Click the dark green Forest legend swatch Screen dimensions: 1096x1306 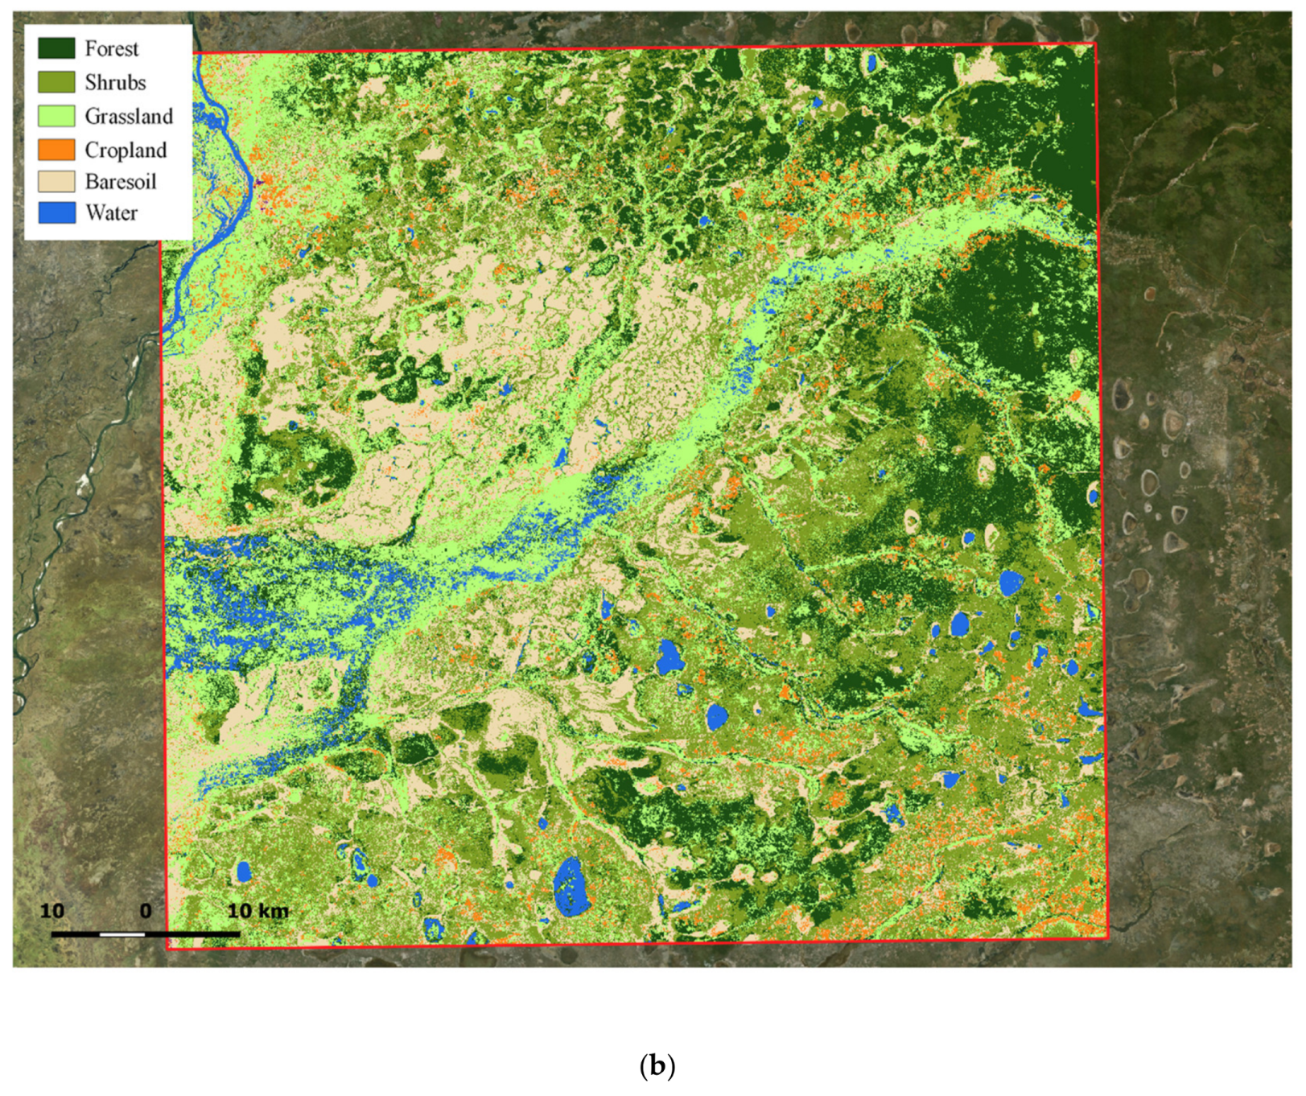[x=56, y=48]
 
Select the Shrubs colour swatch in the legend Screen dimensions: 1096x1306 [x=56, y=82]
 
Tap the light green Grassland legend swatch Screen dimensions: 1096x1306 [x=56, y=116]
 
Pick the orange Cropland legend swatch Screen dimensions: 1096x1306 [x=56, y=150]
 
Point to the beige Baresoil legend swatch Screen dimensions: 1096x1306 [x=56, y=181]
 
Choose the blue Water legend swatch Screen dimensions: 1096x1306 [x=56, y=212]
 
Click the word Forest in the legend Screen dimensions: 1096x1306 [x=112, y=49]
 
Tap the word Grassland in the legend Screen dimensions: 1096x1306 [x=129, y=117]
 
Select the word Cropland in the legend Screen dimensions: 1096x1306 [x=126, y=150]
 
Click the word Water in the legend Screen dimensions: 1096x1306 [x=111, y=213]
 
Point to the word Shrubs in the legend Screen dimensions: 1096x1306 [x=115, y=83]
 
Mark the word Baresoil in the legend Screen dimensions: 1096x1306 [x=121, y=182]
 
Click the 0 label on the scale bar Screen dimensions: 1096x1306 [x=145, y=911]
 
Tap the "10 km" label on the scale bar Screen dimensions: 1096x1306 [x=257, y=911]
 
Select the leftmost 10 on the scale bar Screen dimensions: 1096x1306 [x=52, y=911]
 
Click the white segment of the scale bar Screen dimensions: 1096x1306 [x=122, y=934]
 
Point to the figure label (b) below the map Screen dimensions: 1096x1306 [x=657, y=1066]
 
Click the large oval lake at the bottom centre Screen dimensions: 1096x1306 [x=571, y=887]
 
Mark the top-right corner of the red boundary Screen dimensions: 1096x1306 [x=1095, y=43]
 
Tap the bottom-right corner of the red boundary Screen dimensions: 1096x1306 [x=1107, y=938]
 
